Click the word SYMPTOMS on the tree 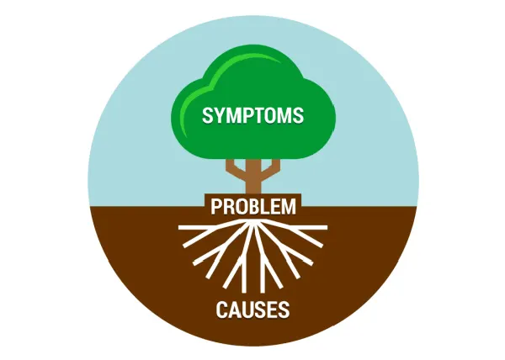click(252, 115)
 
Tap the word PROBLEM click(253, 205)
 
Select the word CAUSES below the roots click(252, 310)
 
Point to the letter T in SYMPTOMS click(263, 115)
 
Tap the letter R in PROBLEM click(226, 205)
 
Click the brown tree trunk click(252, 181)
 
